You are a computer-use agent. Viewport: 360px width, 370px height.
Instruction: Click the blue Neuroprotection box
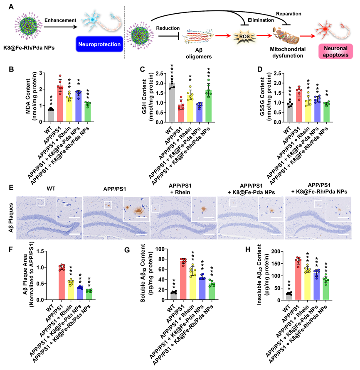pos(99,44)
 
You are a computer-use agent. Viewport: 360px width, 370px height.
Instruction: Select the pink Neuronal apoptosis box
pos(335,51)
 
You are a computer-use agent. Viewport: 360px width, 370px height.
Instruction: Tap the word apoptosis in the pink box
pos(335,55)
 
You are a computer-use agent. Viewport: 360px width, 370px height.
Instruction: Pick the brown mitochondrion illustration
pos(286,36)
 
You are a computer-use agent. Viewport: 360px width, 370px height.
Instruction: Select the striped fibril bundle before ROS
pos(198,37)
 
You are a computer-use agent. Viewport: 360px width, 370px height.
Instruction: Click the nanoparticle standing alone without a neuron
pos(28,25)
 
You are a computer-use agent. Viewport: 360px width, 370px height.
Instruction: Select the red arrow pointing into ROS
pos(222,36)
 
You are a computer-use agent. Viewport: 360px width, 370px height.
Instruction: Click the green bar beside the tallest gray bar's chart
pos(208,105)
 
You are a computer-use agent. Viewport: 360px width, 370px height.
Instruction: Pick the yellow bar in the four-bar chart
pos(71,290)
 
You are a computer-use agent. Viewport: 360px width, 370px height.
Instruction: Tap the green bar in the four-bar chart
pos(89,294)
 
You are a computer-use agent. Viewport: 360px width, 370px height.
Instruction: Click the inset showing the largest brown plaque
pos(136,209)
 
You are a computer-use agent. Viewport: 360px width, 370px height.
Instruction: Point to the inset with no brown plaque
pos(69,209)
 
